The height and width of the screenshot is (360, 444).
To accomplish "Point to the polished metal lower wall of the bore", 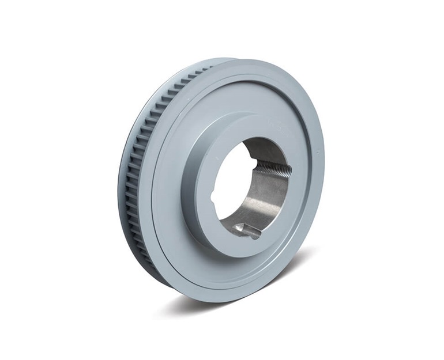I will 265,207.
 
